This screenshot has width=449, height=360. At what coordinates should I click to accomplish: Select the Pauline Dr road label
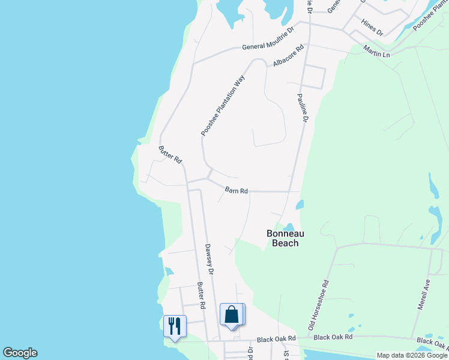tap(303, 108)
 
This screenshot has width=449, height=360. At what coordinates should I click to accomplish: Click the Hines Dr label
tap(372, 27)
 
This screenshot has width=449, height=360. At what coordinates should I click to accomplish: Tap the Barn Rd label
tap(237, 191)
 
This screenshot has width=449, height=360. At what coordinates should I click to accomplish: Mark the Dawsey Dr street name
tap(209, 259)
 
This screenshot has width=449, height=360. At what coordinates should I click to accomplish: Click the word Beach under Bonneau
tap(285, 243)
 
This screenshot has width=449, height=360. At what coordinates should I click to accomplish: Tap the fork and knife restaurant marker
tap(175, 326)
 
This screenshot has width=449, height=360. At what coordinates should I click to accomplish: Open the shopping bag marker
tap(232, 315)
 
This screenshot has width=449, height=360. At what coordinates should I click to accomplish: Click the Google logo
tap(20, 353)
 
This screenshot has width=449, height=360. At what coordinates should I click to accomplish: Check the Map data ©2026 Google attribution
tap(412, 355)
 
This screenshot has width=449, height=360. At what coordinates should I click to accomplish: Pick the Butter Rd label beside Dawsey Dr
tap(202, 296)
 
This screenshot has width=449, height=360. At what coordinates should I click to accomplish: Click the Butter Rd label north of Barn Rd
tap(170, 155)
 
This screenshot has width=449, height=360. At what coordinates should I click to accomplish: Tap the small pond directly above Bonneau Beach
tap(289, 226)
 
